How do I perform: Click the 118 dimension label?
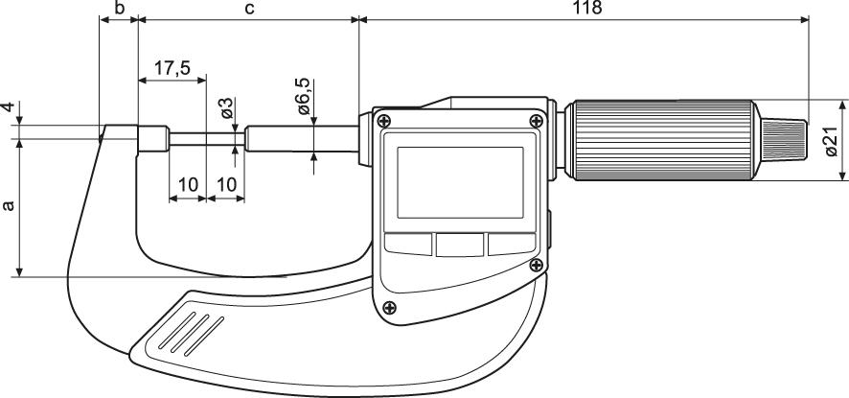click(586, 9)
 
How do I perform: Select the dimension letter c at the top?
click(248, 9)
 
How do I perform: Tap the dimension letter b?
click(119, 9)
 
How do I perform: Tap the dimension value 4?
click(9, 108)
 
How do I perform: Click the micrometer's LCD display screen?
click(459, 180)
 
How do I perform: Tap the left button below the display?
click(407, 244)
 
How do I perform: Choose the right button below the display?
click(509, 244)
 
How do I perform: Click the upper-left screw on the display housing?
click(383, 121)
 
